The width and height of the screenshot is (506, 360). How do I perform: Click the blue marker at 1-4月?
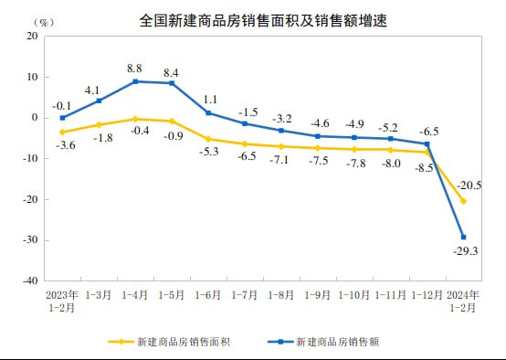(135, 81)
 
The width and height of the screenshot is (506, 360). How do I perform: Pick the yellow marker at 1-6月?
(208, 139)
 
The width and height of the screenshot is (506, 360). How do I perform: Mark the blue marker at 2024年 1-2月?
(463, 238)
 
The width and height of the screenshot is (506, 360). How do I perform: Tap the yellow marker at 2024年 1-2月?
(463, 201)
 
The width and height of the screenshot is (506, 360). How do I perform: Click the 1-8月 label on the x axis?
(280, 295)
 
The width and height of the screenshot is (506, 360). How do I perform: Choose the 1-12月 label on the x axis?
(426, 295)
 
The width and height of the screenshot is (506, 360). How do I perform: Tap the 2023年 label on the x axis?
(61, 295)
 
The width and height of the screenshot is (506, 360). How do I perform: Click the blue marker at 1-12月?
(427, 143)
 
